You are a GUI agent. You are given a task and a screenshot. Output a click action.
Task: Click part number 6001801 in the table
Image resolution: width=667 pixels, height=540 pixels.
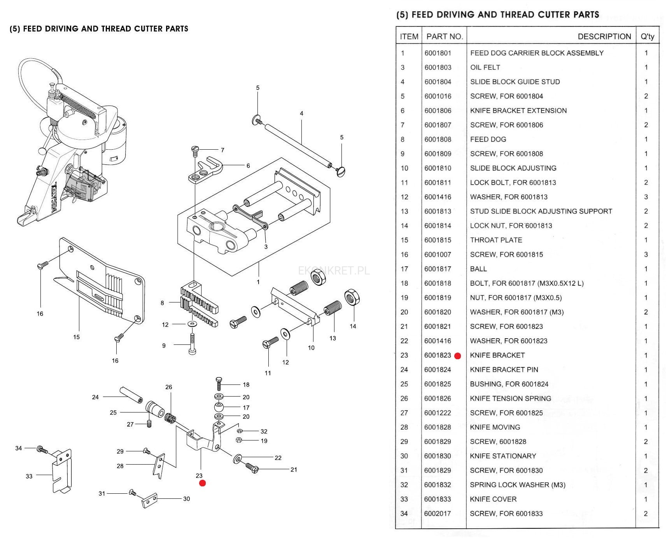point(438,53)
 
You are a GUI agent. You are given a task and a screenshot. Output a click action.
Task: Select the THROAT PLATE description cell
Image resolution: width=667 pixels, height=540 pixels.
point(496,240)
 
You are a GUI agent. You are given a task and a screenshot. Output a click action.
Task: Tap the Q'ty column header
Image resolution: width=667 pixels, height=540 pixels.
point(647,37)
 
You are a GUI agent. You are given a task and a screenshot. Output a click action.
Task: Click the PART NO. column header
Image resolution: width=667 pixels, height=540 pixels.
point(445,37)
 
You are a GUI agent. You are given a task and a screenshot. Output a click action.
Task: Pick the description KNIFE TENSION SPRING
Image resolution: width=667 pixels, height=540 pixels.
point(510,398)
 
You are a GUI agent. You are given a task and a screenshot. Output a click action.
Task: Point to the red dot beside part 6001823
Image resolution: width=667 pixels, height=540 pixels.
point(457,356)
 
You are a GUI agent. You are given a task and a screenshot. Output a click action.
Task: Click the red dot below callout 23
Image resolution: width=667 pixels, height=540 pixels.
point(202,483)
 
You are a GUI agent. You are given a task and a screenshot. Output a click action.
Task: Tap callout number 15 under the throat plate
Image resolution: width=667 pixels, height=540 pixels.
point(76,337)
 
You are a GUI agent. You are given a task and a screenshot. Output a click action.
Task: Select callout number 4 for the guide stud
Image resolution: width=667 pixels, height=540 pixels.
point(301,114)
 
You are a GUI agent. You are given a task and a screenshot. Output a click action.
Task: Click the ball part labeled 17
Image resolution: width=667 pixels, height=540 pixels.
point(219,407)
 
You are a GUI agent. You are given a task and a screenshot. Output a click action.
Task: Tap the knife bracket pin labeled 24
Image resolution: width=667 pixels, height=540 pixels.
point(131,395)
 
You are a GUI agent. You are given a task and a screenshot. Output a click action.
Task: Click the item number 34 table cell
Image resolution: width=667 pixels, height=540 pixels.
point(404,514)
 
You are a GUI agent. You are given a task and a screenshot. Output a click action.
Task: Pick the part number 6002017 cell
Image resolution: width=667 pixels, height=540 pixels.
point(438,514)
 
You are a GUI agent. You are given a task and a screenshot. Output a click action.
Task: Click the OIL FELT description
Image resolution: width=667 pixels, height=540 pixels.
point(485,67)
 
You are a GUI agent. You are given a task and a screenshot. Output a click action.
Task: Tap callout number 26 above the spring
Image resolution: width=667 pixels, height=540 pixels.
point(168,387)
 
